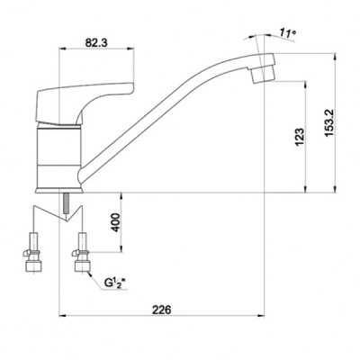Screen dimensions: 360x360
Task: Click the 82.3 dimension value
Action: click(x=96, y=42)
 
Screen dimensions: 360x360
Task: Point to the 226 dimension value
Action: click(x=161, y=310)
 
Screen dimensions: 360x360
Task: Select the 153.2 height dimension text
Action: click(x=330, y=122)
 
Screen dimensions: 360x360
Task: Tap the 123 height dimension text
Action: click(x=300, y=138)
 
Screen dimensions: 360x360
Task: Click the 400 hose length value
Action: click(x=116, y=222)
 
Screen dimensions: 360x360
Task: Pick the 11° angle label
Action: click(x=287, y=32)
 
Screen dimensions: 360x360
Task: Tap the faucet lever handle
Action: click(x=85, y=103)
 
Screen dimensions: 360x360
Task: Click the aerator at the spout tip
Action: click(x=264, y=74)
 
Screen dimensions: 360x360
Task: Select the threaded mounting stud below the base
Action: click(x=66, y=203)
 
